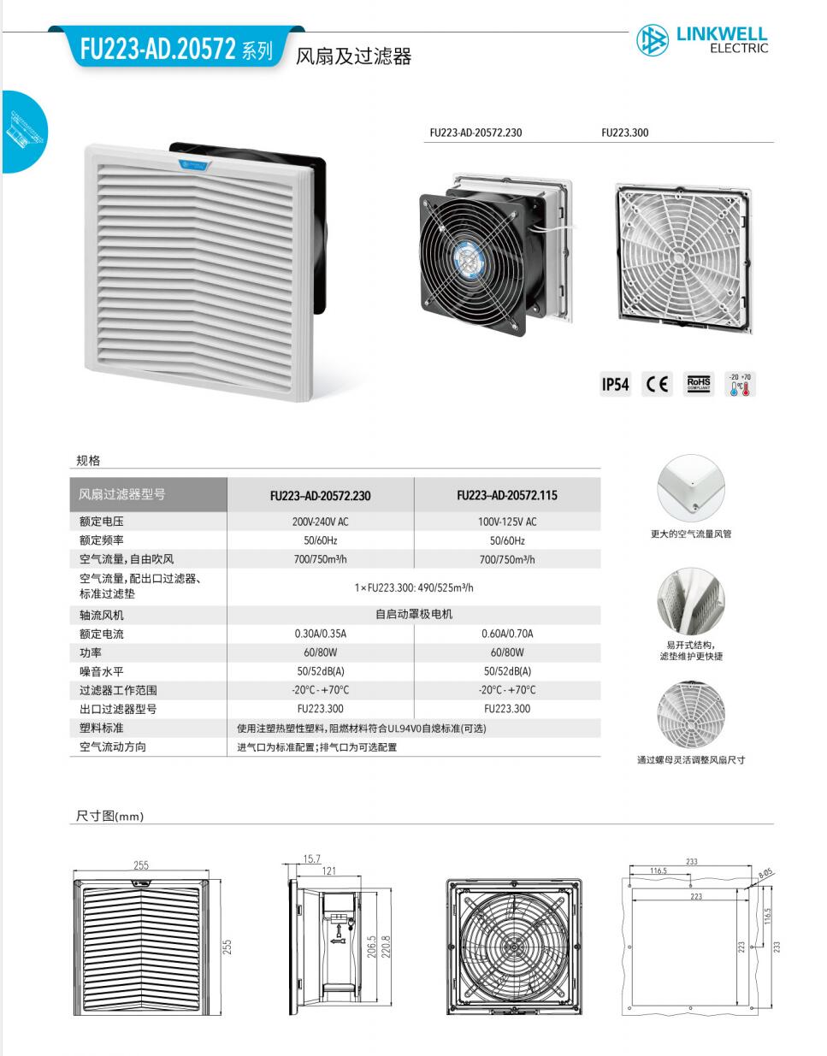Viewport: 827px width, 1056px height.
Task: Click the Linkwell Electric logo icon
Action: pos(653,39)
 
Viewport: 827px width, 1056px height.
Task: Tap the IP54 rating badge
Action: pos(615,385)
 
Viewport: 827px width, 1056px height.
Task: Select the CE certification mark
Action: pos(658,385)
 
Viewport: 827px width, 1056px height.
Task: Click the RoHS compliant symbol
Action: pos(699,385)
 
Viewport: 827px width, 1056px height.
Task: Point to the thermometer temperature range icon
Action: pos(740,385)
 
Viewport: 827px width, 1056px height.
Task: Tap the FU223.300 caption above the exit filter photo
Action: pos(624,133)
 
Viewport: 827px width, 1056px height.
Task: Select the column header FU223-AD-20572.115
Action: pos(506,495)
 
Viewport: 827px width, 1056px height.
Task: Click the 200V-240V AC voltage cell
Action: pos(320,522)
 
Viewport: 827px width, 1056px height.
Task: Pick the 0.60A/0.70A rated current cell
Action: pos(506,634)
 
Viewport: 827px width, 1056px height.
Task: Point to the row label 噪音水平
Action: pos(102,671)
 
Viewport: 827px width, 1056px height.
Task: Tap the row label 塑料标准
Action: pos(102,728)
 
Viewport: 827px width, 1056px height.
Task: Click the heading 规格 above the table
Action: pos(88,461)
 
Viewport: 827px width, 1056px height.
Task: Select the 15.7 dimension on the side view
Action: pos(311,859)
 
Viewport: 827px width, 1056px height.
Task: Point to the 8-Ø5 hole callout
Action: pos(765,874)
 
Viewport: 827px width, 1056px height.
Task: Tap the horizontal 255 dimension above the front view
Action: pos(141,865)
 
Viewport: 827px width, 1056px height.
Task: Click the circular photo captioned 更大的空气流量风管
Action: pos(690,488)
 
